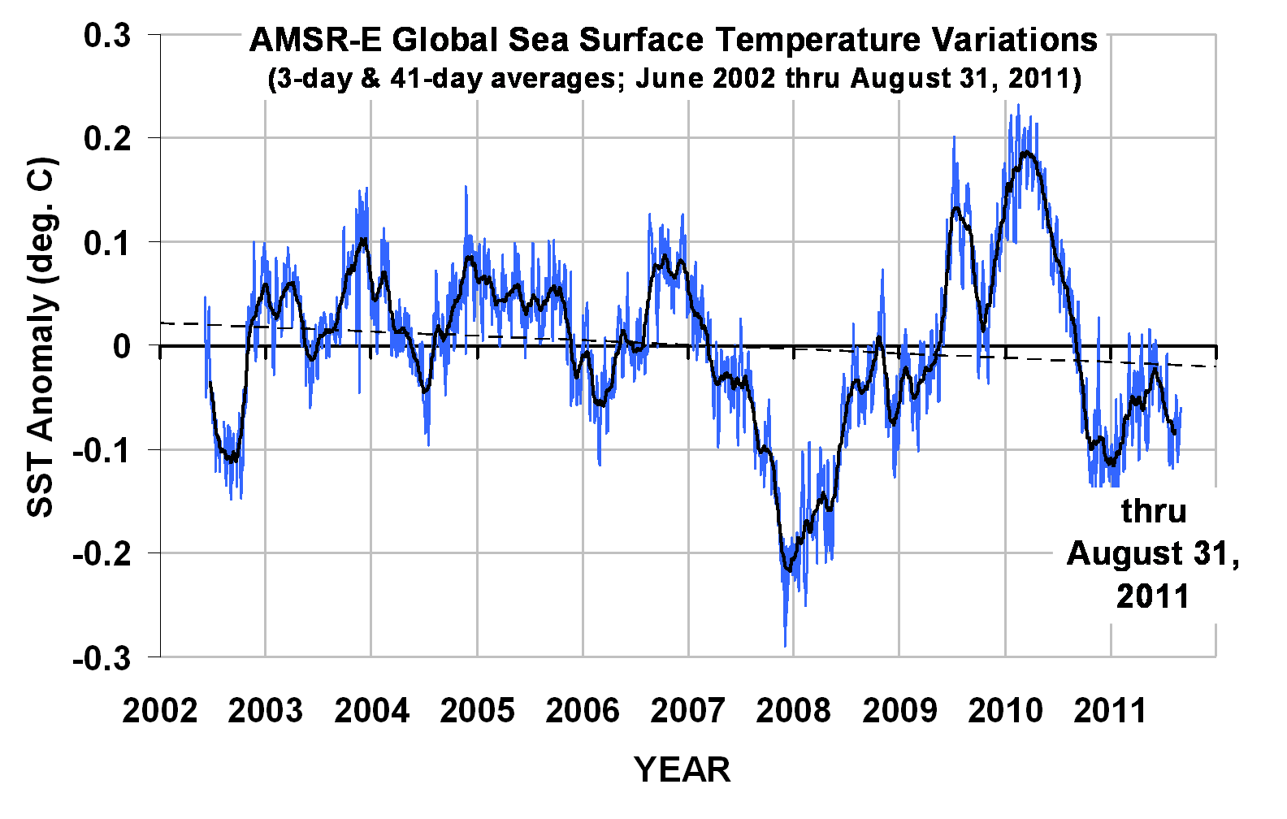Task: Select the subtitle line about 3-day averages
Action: coord(674,79)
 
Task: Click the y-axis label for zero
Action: coord(122,347)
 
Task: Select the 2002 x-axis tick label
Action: coord(160,711)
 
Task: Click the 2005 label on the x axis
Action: coord(477,711)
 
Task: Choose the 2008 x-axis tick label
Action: coord(794,711)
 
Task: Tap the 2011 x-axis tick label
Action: coord(1111,711)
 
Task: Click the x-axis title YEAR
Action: coord(682,769)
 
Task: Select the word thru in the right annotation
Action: coord(1154,511)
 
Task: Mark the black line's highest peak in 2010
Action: coord(1027,152)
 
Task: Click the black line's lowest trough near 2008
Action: coord(786,570)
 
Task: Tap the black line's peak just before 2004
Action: coord(362,239)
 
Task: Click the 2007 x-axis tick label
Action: coord(688,711)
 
